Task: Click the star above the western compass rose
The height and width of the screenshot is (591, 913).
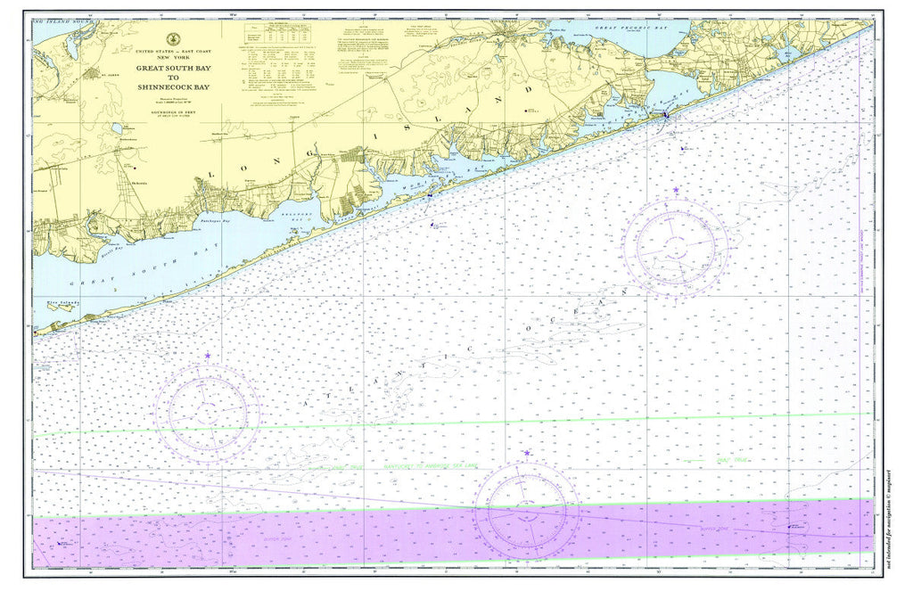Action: [208, 356]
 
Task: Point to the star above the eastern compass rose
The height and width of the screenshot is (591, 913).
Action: [677, 190]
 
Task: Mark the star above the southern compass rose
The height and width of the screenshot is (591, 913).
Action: [527, 454]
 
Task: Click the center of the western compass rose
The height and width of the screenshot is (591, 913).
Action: [208, 410]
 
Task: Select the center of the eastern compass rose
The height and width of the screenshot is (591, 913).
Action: [677, 246]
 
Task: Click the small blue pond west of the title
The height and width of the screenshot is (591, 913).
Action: [117, 129]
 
